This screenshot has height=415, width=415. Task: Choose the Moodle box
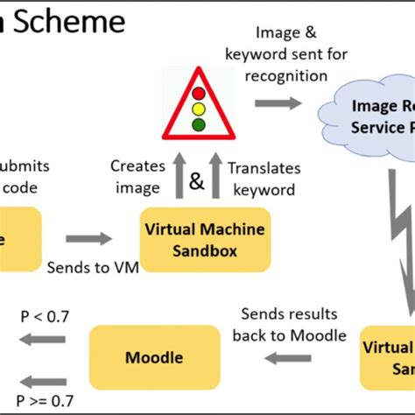156,356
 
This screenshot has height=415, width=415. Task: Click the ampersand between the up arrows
198,182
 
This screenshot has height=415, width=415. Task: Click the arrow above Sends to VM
89,237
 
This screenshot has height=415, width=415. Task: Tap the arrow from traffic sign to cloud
276,103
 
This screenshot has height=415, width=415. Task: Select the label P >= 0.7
44,402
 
